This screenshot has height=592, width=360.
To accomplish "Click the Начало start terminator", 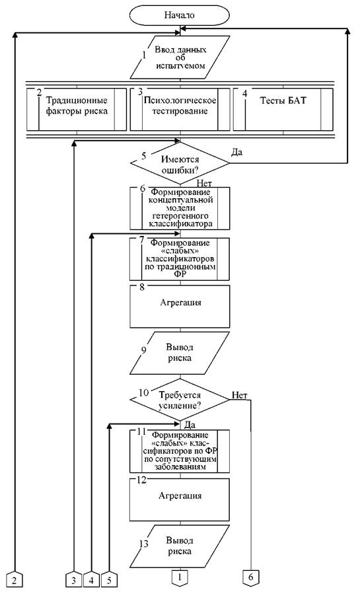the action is coord(180,15).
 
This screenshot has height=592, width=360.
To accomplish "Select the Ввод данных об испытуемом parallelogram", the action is coord(180,57).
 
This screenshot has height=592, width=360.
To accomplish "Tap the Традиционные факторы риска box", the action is coord(77,110).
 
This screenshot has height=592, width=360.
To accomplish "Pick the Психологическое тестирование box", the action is coord(180,110).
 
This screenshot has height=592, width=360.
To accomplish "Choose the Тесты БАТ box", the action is coord(283,110).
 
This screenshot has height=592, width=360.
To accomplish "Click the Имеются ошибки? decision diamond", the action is coord(180,163).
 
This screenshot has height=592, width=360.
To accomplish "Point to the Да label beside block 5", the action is coord(236,152).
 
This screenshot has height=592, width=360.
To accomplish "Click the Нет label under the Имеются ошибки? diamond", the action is coord(204,184).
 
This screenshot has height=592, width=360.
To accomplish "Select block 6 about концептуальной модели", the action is coord(180,208).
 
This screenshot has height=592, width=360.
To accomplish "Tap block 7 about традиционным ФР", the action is coord(180,259).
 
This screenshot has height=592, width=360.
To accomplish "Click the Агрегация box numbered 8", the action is coord(180,306).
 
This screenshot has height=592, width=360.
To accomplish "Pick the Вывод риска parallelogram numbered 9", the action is coord(180,353).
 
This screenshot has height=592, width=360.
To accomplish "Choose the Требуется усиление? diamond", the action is coord(180,400).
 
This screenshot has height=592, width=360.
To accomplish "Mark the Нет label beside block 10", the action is coord(239,395).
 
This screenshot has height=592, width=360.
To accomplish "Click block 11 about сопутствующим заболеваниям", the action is coord(180,451).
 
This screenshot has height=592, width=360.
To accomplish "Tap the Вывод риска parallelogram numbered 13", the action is coord(180,546).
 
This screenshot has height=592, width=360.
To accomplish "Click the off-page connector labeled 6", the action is coord(250,577).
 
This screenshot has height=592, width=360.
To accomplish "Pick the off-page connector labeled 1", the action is coord(180,577).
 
